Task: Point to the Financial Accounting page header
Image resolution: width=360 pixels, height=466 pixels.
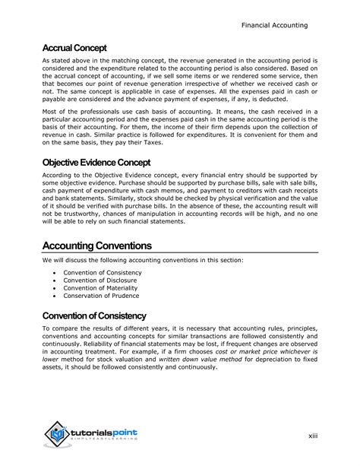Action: [274, 25]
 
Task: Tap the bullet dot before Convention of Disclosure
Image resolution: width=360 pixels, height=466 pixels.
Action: [52, 279]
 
